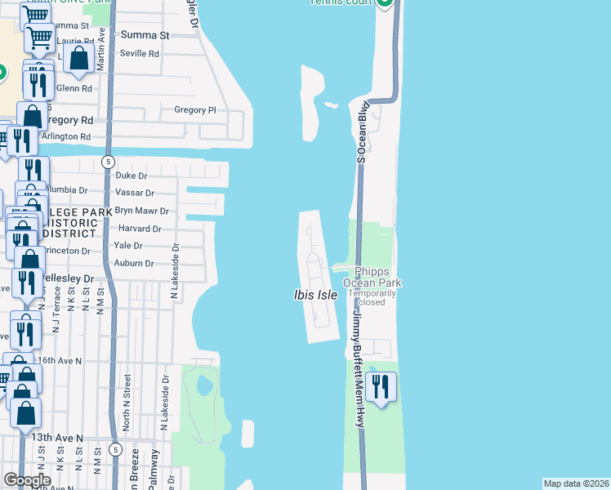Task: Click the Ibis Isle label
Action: pos(315,294)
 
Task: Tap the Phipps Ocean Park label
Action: pos(377,277)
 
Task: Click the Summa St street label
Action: pos(144,35)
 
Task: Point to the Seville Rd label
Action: pos(140,53)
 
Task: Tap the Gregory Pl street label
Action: pos(194,109)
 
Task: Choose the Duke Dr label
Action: pos(131,176)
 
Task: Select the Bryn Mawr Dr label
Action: pos(140,211)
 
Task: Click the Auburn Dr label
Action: pos(133,263)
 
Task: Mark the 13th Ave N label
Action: pos(57,438)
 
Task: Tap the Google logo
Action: pos(27,480)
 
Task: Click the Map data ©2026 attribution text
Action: pos(577,483)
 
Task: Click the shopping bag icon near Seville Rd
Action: pos(79,59)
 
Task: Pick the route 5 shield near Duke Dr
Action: pos(108,162)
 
